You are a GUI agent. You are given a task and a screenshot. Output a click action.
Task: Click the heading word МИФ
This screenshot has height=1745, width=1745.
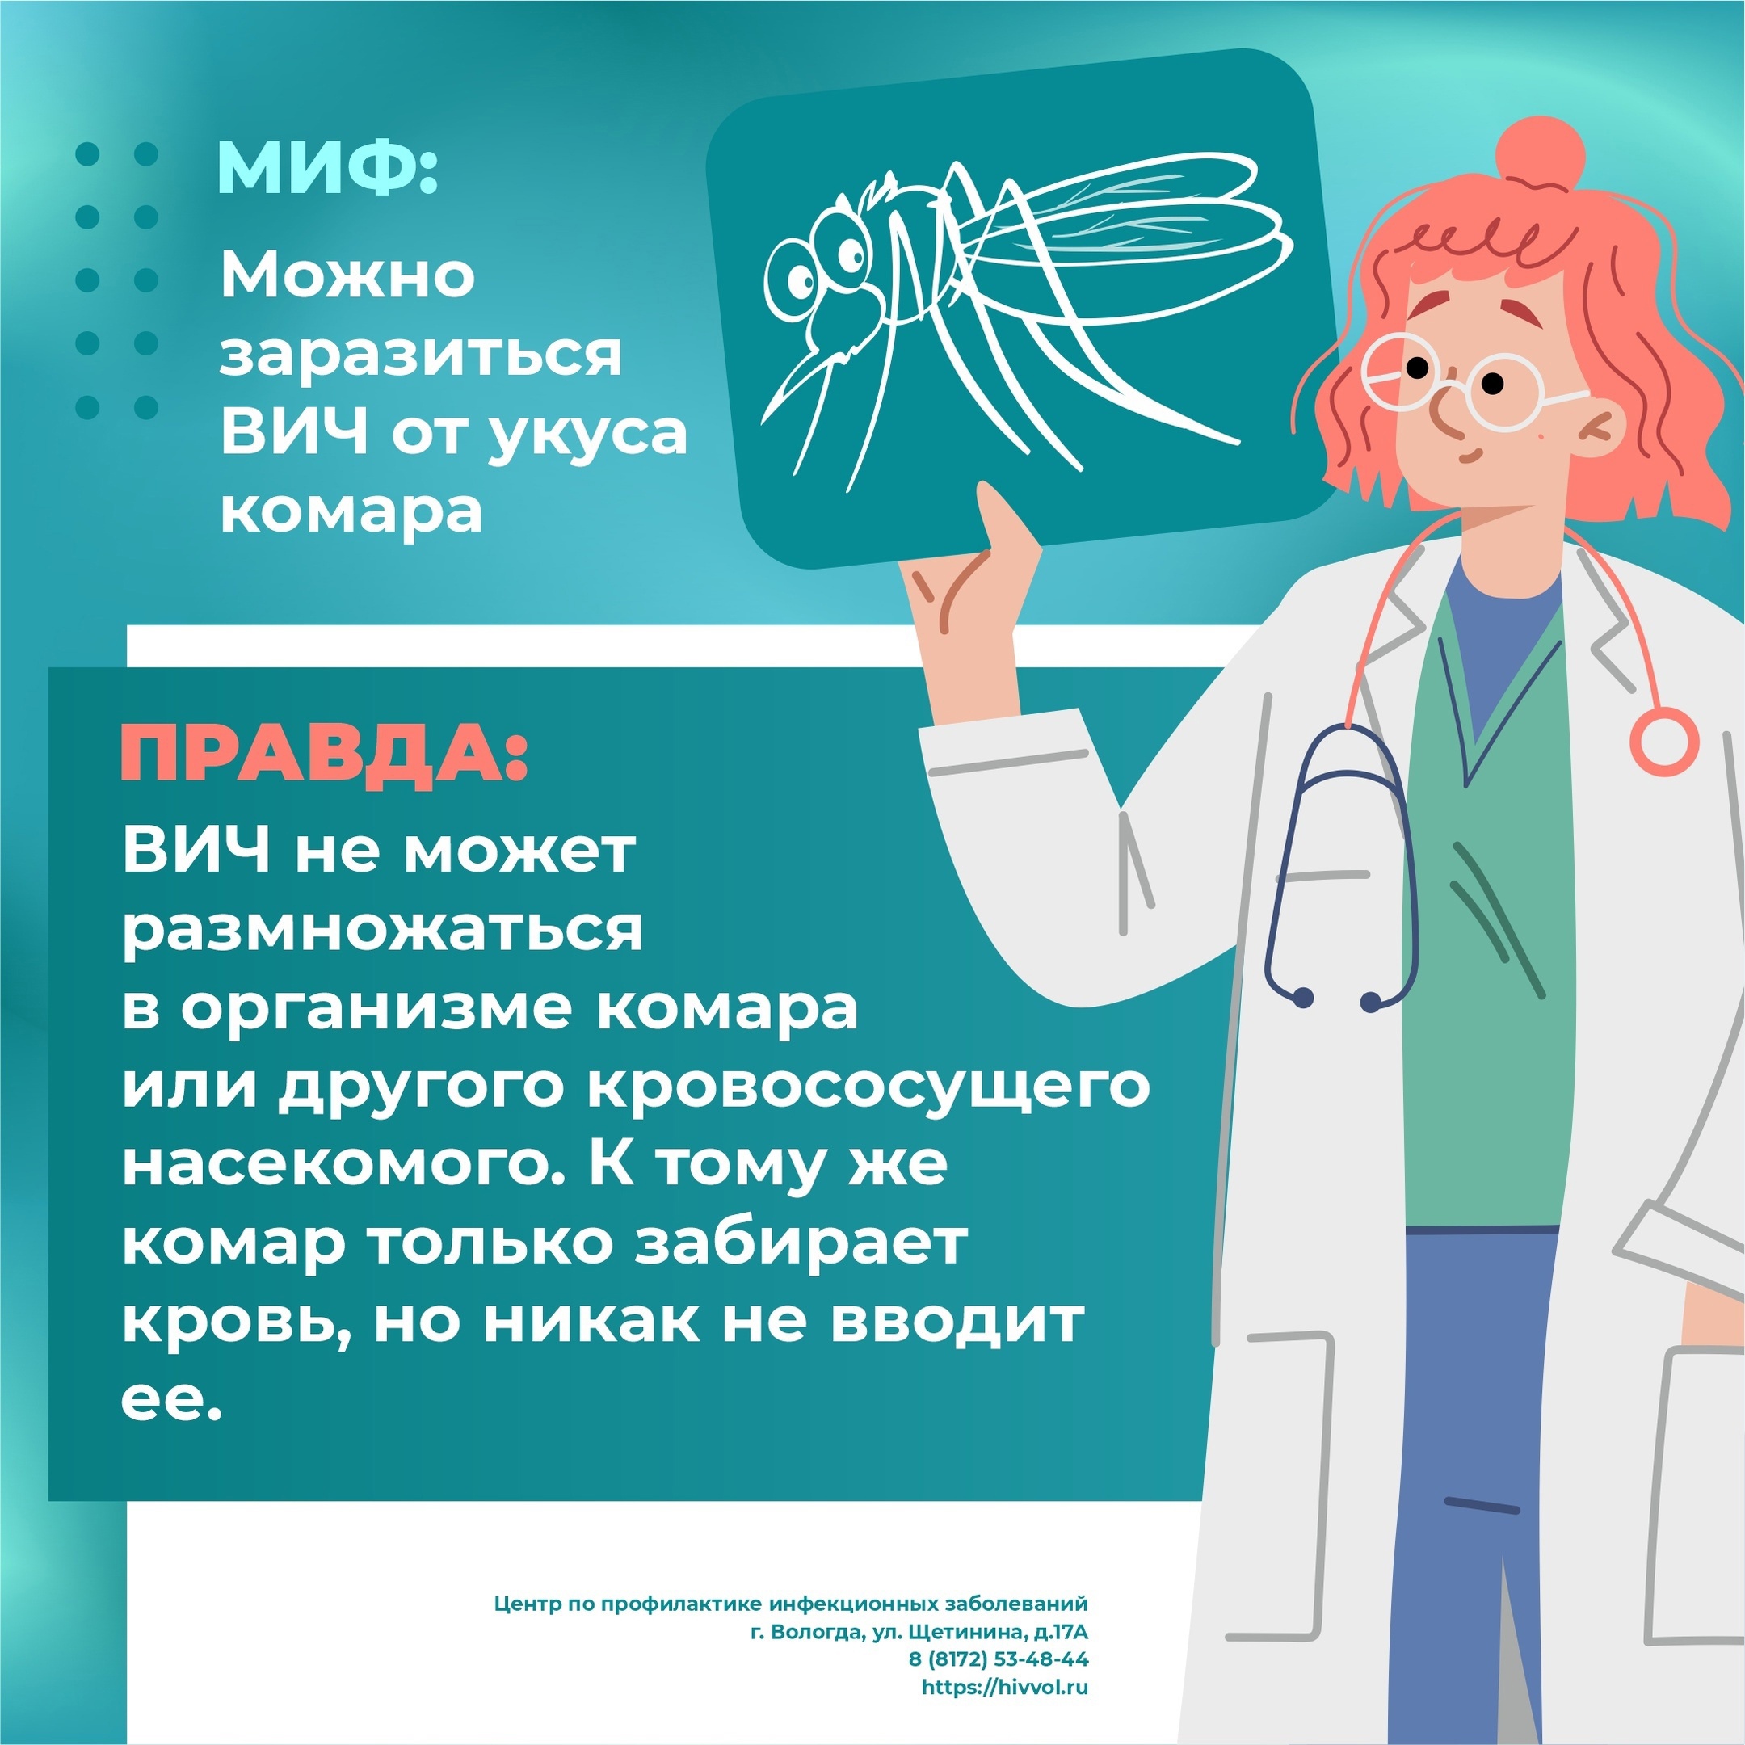[x=327, y=168]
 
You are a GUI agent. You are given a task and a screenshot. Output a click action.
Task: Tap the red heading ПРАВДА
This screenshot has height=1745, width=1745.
[x=322, y=753]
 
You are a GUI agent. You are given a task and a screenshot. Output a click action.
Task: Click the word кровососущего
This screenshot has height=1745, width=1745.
[x=869, y=1088]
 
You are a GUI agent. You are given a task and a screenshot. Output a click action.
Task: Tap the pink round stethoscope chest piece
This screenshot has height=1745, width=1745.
[x=1663, y=742]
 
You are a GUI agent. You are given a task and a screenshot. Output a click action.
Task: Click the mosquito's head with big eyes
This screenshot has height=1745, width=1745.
[x=822, y=271]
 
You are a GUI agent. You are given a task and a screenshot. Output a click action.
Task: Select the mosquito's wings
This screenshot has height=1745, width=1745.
[x=1120, y=217]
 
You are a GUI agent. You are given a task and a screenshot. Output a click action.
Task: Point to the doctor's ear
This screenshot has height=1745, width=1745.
[x=1600, y=430]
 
